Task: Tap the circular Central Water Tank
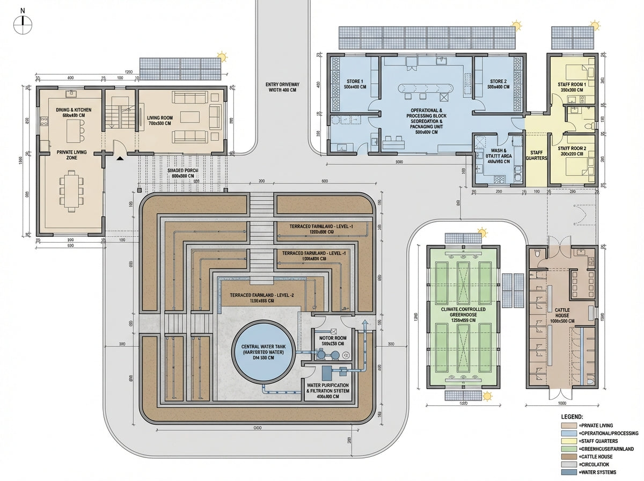click(x=262, y=356)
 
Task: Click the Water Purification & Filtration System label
click(x=327, y=388)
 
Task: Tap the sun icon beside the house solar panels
click(x=221, y=56)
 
